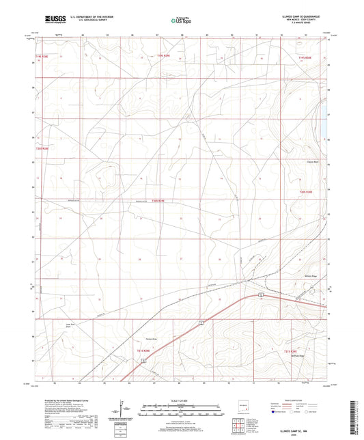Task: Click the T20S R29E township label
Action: click(x=159, y=200)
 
